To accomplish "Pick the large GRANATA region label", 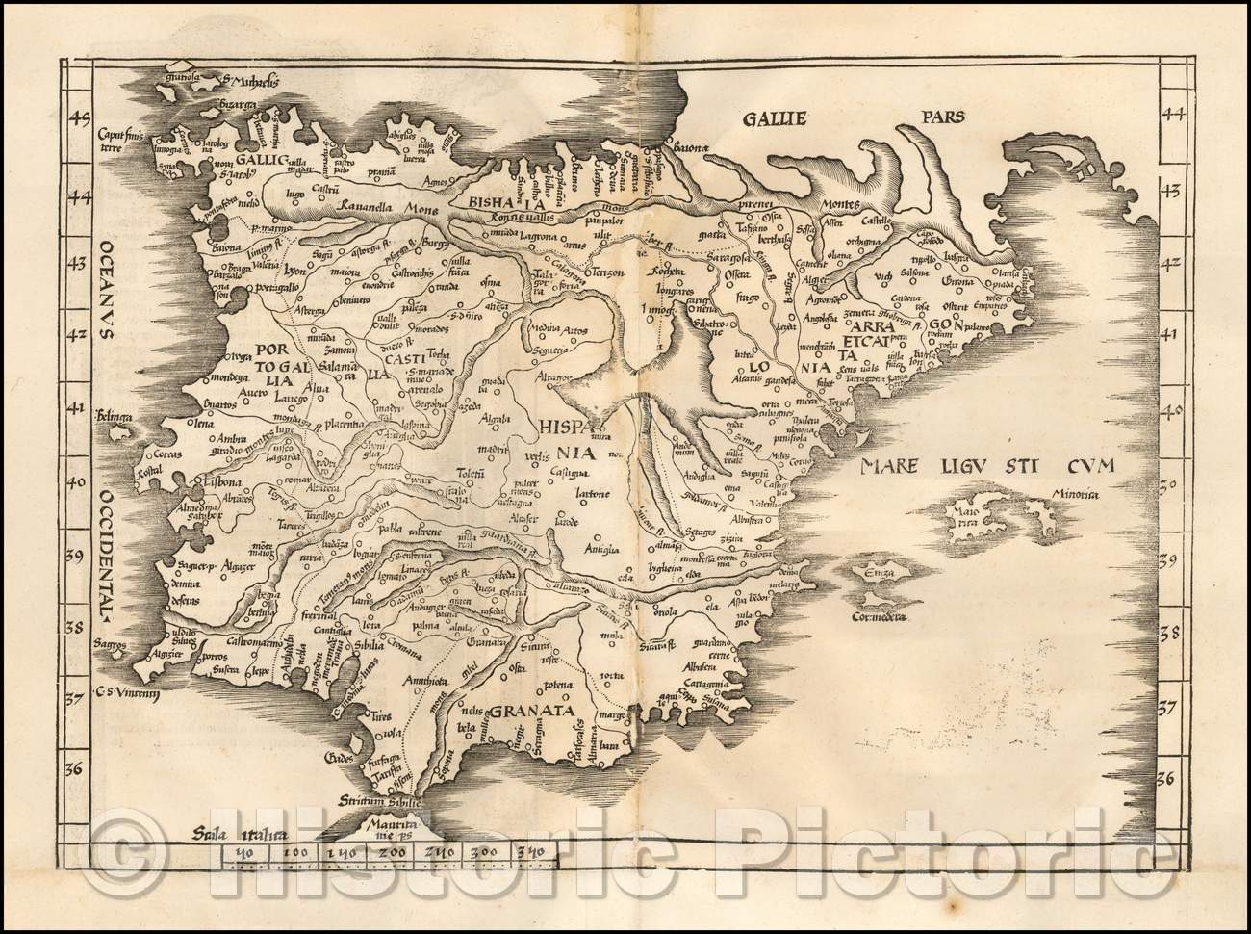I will point(532,713).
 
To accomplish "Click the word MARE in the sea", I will point(894,469).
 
